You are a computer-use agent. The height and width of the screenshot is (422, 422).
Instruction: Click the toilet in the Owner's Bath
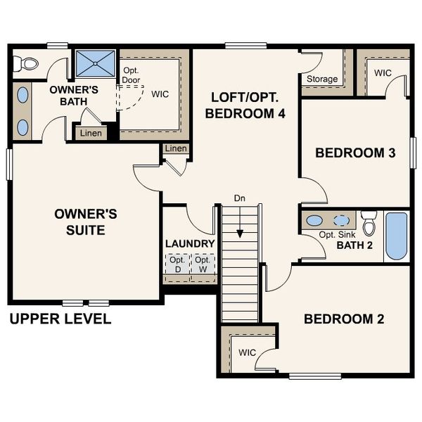(x=27, y=64)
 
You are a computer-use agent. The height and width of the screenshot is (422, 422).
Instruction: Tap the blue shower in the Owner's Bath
(x=94, y=64)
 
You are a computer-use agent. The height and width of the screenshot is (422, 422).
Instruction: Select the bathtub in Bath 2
(x=396, y=236)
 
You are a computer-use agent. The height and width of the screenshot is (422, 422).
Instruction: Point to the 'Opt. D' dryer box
(x=177, y=264)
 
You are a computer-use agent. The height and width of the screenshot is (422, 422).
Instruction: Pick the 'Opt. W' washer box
(x=203, y=264)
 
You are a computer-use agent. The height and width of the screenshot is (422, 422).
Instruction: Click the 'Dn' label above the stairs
(x=241, y=199)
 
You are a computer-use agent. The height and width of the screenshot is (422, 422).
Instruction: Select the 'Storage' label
(x=321, y=79)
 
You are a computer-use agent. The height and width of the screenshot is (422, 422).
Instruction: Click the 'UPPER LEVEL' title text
(x=60, y=319)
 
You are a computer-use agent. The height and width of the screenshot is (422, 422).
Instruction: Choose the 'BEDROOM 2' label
(x=343, y=319)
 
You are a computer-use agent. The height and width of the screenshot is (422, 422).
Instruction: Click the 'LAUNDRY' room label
(x=189, y=243)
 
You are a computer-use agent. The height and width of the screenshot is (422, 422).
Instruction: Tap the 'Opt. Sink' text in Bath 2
(x=335, y=234)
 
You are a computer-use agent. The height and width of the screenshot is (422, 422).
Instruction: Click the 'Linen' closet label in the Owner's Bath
(x=91, y=133)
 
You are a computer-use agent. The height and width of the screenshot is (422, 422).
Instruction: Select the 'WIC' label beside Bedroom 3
(x=383, y=72)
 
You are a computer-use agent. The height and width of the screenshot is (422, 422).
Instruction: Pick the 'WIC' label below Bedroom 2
(x=246, y=352)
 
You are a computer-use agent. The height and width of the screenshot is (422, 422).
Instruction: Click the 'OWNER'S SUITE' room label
(x=79, y=221)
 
